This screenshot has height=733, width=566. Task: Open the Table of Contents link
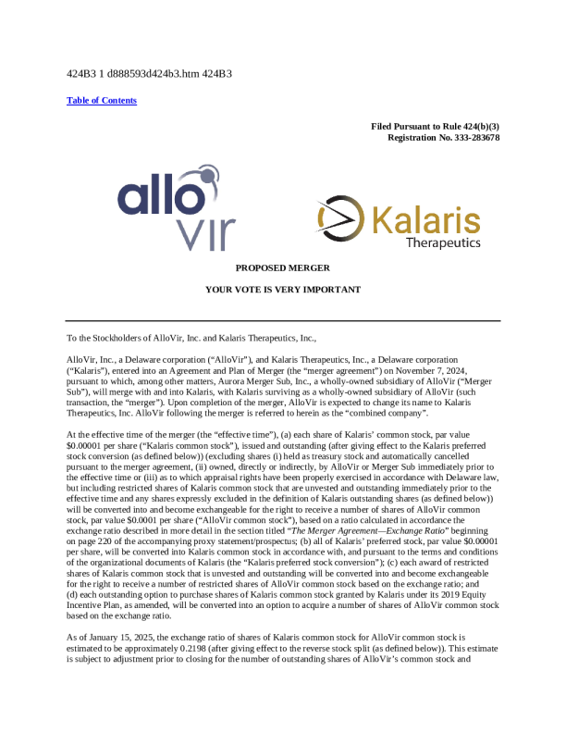point(102,100)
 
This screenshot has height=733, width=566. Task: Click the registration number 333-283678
point(469,137)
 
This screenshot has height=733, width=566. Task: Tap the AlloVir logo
point(177,208)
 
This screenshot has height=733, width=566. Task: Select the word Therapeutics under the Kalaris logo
point(443,242)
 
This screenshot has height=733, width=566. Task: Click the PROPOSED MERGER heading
point(282,267)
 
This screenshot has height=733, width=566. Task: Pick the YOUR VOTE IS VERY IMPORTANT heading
point(282,290)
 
